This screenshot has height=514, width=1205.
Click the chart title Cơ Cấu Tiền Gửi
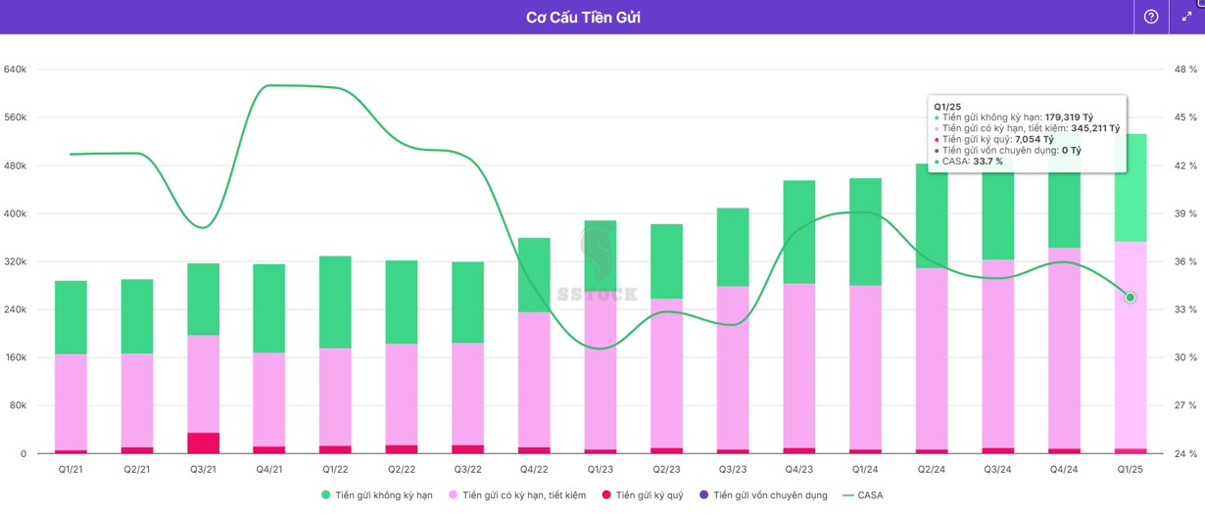pyautogui.click(x=583, y=17)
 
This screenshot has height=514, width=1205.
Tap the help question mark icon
pyautogui.click(x=1151, y=17)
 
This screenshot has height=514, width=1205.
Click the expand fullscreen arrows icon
pyautogui.click(x=1187, y=17)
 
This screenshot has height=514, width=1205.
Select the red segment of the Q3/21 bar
pyautogui.click(x=203, y=443)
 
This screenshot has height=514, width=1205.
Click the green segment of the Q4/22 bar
pyautogui.click(x=534, y=274)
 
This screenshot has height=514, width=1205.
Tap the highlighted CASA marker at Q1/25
pyautogui.click(x=1131, y=298)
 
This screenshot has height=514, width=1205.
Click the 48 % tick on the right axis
pyautogui.click(x=1185, y=70)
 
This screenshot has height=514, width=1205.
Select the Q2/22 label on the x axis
pyautogui.click(x=402, y=470)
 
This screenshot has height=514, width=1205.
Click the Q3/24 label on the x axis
pyautogui.click(x=997, y=470)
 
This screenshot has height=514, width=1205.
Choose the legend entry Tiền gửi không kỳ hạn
pyautogui.click(x=377, y=495)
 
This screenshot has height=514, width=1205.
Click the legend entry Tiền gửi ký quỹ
pyautogui.click(x=643, y=495)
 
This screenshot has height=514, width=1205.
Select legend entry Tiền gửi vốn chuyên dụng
pyautogui.click(x=764, y=495)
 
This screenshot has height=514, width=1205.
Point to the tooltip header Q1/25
pyautogui.click(x=947, y=106)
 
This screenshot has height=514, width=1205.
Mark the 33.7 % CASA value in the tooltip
pyautogui.click(x=988, y=162)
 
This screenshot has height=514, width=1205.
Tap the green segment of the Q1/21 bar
pyautogui.click(x=71, y=317)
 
